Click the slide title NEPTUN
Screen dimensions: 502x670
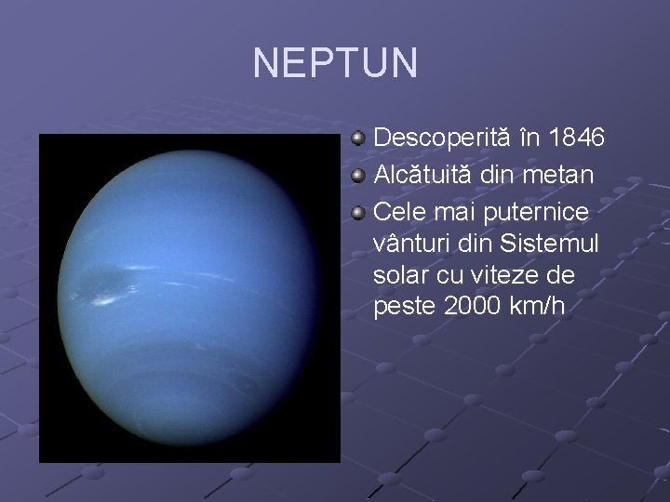point(335,63)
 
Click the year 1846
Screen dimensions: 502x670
point(576,139)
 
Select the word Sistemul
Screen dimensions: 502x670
point(549,244)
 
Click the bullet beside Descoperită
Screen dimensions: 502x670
point(358,139)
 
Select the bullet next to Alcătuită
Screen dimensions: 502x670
point(358,176)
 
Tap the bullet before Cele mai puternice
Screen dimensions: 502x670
point(358,213)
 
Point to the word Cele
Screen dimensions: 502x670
point(395,212)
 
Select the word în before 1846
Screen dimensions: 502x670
point(529,139)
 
